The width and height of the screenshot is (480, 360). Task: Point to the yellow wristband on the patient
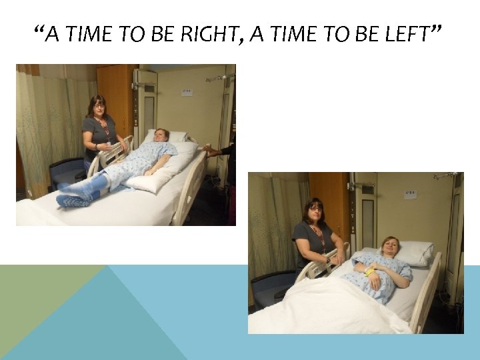[369, 272]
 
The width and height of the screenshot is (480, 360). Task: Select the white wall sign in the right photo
[411, 194]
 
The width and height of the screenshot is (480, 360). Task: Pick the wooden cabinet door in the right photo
[329, 200]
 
